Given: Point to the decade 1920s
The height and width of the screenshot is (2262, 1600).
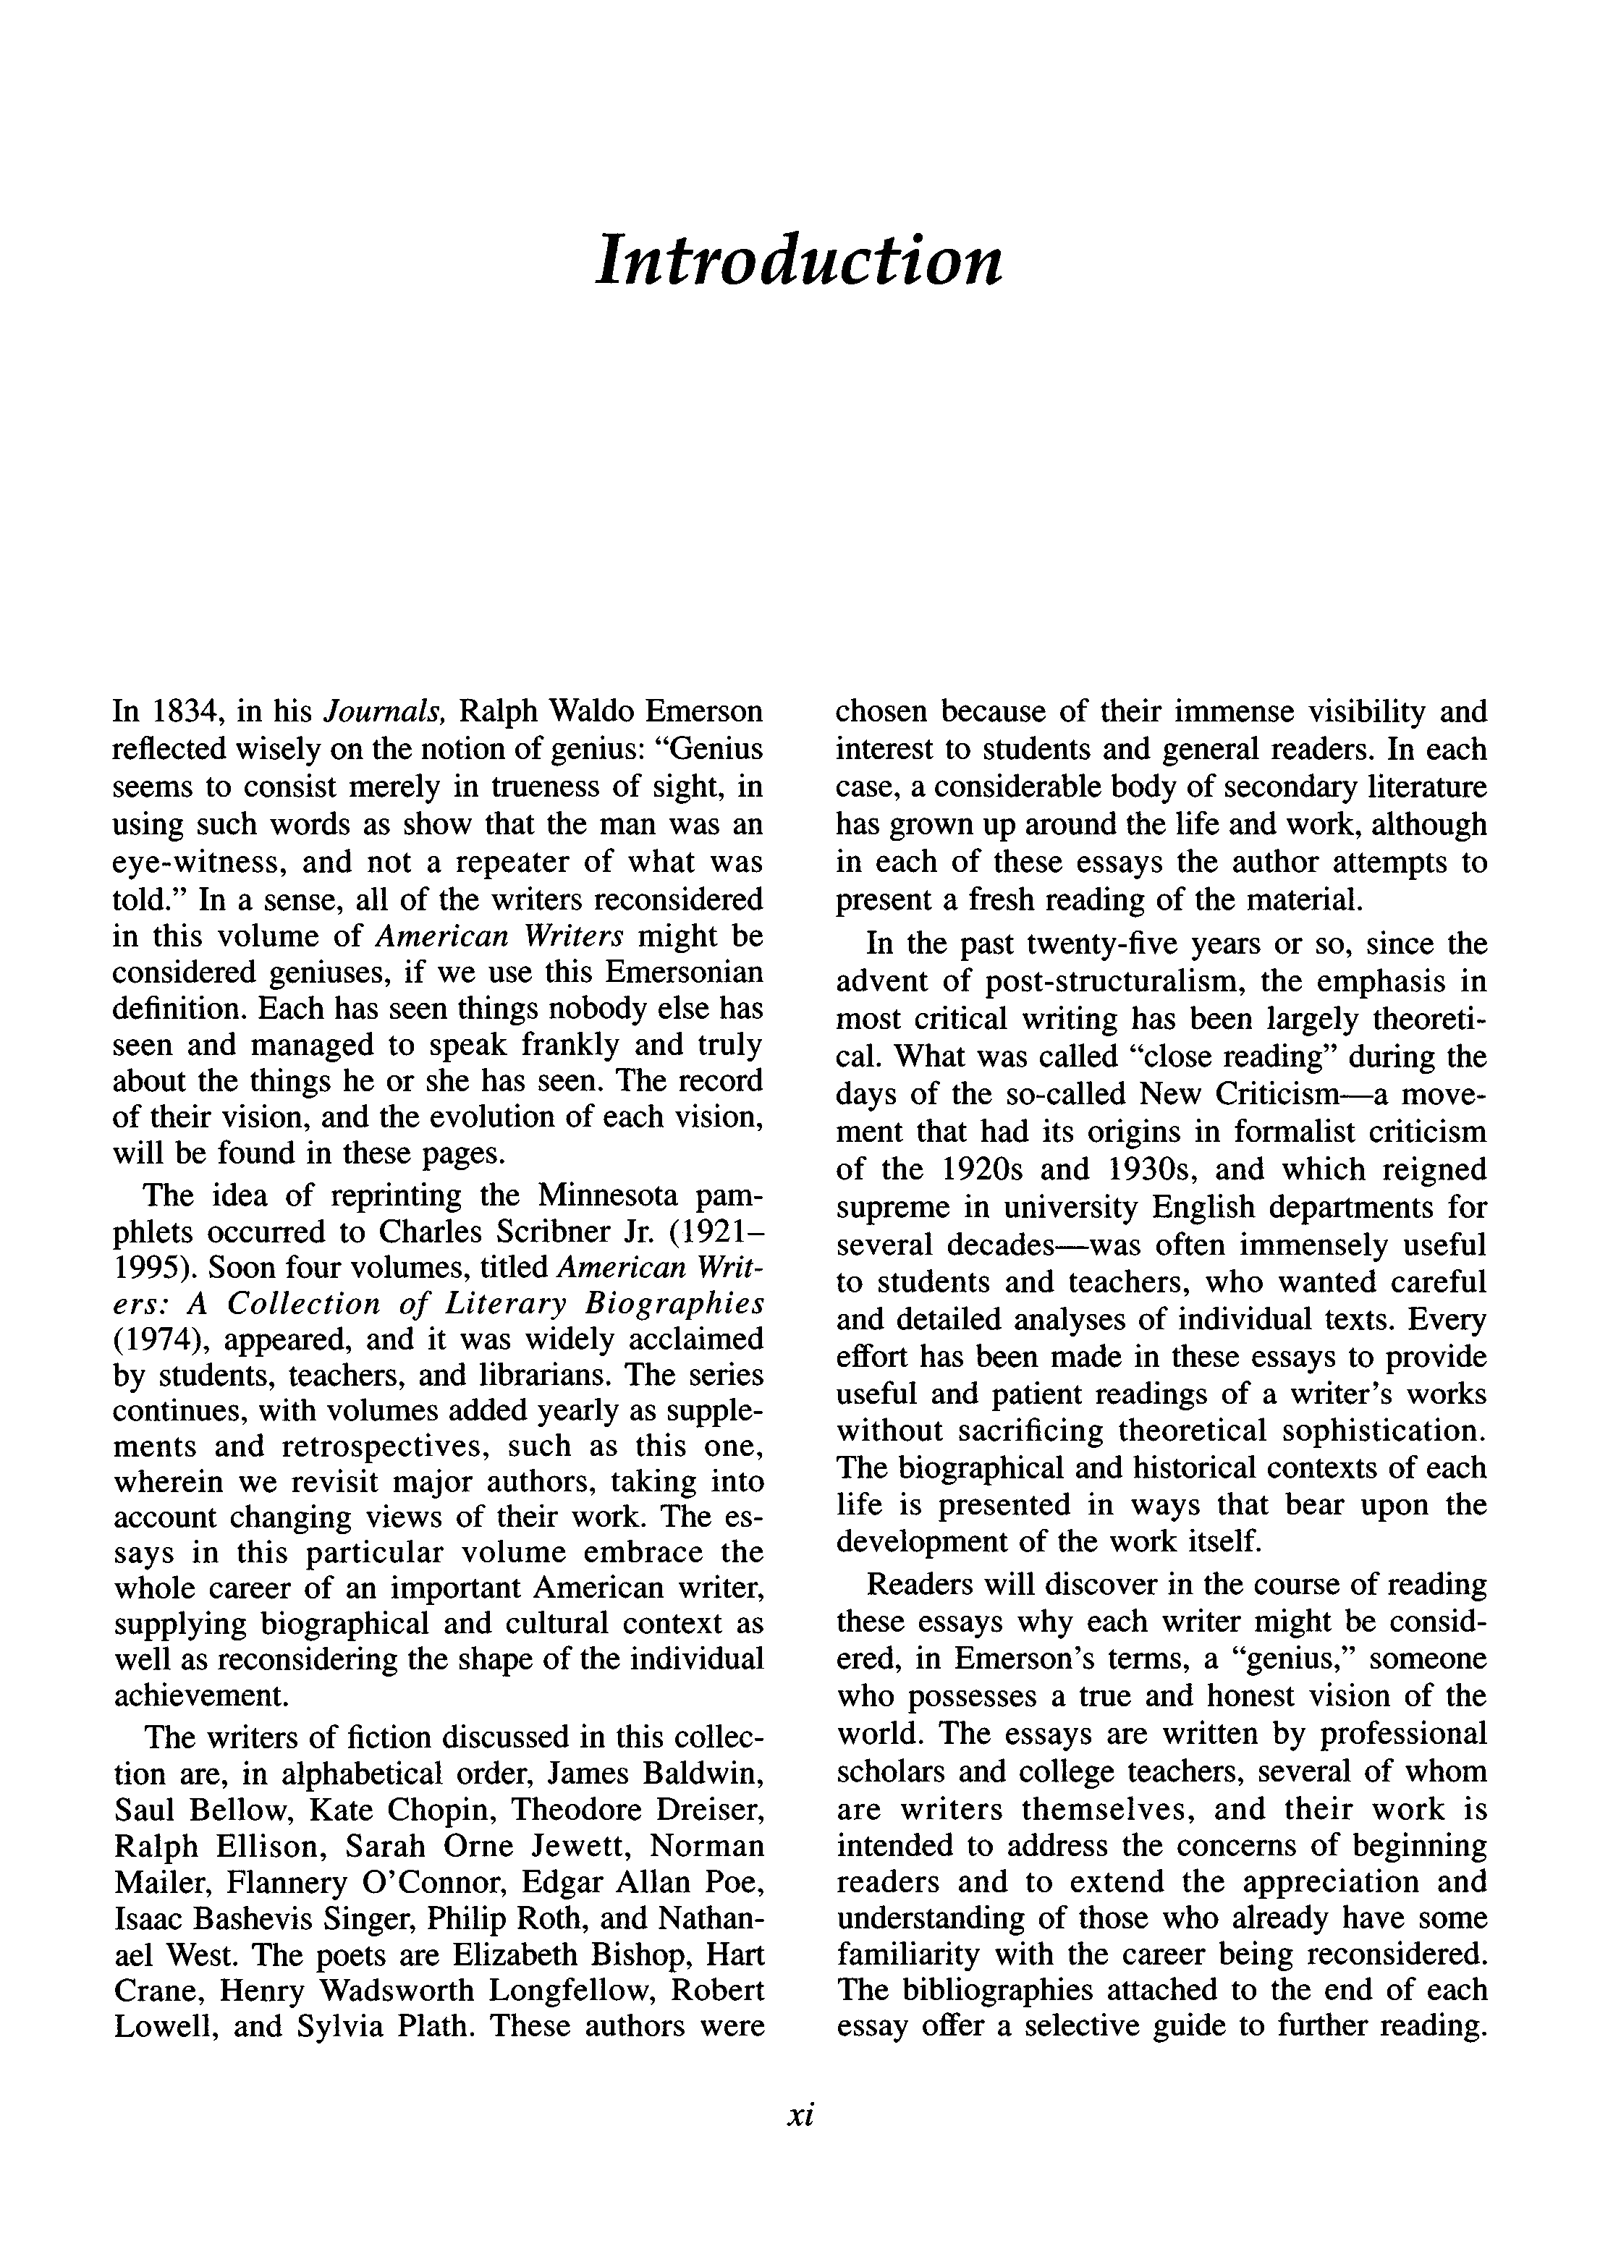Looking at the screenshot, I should pos(989,1169).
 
